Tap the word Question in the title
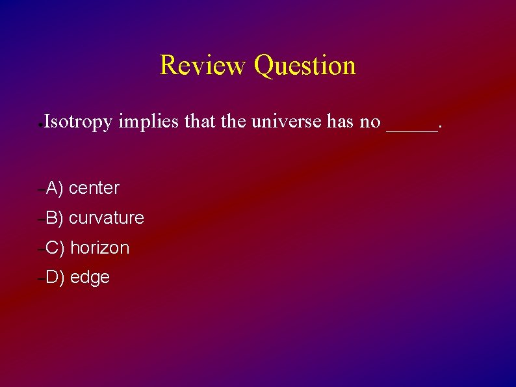(x=305, y=66)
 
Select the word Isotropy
(x=78, y=122)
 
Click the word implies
(x=148, y=122)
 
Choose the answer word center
(x=94, y=189)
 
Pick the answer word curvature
(x=106, y=218)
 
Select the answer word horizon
(x=99, y=248)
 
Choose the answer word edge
(x=90, y=278)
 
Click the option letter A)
(x=54, y=189)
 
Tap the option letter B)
(x=54, y=218)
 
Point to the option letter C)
(x=55, y=248)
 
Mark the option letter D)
(x=55, y=278)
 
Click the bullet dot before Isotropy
(x=40, y=123)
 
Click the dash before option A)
(x=41, y=189)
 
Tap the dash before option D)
(x=41, y=278)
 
